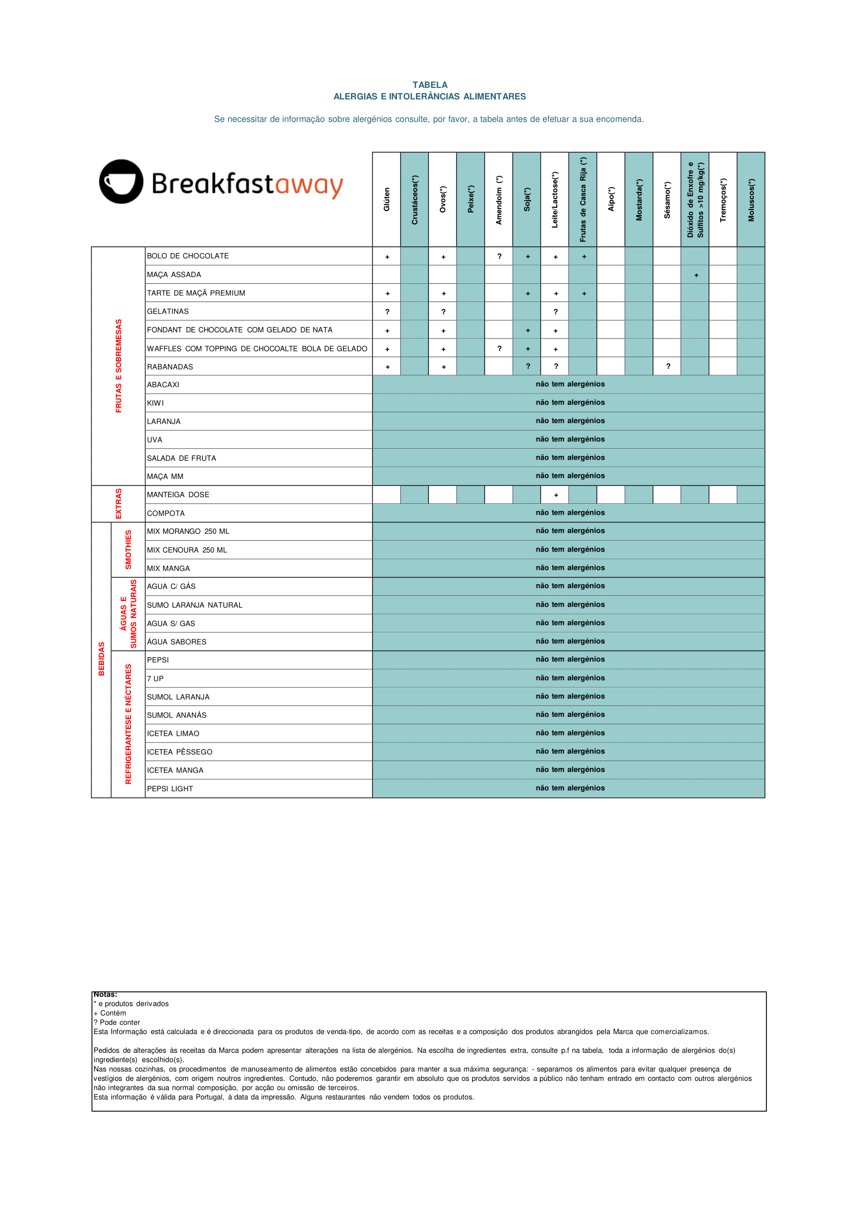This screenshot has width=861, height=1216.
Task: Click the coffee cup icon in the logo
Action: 121,181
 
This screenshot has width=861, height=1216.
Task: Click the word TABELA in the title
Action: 429,85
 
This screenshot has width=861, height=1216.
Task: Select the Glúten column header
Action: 386,199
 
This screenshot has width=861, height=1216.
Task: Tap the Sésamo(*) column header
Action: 667,199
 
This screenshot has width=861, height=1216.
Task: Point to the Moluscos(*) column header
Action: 751,199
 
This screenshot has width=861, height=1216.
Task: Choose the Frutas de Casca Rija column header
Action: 583,199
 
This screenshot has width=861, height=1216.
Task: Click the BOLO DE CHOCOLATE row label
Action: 188,256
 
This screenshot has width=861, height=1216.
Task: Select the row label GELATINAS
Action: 167,312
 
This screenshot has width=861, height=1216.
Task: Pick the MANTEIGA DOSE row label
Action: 178,494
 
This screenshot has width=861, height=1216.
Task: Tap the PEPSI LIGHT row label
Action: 169,789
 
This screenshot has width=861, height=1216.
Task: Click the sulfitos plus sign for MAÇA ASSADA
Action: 696,275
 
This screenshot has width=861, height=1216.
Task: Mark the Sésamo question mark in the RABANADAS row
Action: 668,367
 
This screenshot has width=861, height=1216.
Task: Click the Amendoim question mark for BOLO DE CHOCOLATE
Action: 499,256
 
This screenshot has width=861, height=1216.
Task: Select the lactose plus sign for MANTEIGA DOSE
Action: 556,495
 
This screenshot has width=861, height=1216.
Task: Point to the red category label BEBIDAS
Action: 101,659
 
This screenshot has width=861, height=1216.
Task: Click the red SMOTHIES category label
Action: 128,550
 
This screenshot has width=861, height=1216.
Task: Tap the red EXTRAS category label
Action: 118,504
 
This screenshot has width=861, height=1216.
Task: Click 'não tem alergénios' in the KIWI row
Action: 569,402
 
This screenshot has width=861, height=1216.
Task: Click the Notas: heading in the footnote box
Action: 106,995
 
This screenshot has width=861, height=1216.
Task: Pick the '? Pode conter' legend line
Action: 116,1023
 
